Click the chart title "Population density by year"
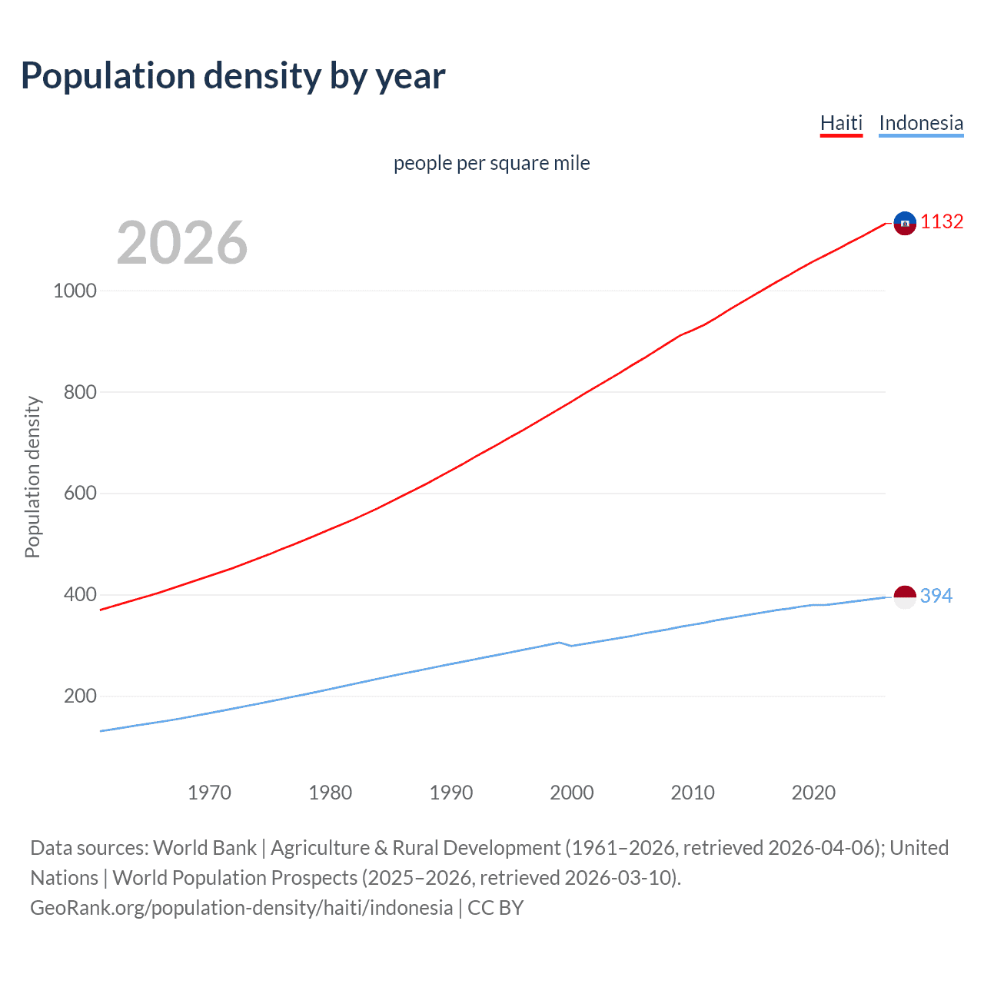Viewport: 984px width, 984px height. tap(233, 76)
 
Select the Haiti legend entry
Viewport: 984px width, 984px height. tap(841, 123)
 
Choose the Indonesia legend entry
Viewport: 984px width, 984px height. tap(920, 123)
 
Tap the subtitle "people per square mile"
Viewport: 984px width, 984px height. tap(491, 163)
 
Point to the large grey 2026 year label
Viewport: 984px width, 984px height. tap(182, 243)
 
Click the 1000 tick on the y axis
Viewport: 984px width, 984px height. tap(75, 291)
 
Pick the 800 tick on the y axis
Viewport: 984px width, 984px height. tap(80, 392)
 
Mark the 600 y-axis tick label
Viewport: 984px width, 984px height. tap(80, 494)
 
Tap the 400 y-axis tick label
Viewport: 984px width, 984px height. tap(80, 595)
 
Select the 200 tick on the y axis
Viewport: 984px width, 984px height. tap(80, 696)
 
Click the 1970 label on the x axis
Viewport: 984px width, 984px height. tap(209, 793)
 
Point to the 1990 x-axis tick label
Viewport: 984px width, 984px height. tap(451, 793)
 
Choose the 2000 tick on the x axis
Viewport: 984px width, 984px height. tap(572, 793)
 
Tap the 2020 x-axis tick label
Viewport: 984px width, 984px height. tap(813, 793)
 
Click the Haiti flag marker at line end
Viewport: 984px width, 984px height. tap(905, 223)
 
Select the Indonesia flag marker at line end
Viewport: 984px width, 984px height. tap(905, 596)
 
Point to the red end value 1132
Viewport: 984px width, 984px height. tap(942, 222)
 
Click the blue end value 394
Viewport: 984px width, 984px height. tap(936, 596)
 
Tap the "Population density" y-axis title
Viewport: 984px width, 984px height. tap(32, 477)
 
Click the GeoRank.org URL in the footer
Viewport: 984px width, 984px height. tap(241, 908)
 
